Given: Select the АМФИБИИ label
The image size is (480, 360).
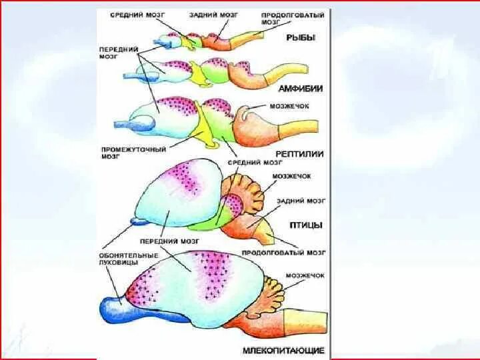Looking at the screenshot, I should (302, 89).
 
